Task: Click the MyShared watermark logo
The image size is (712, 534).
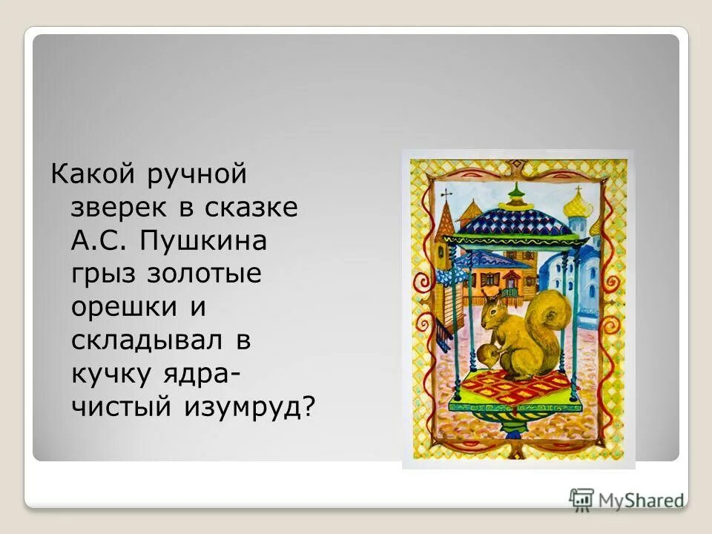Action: [x=627, y=498]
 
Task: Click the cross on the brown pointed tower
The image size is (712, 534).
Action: [x=446, y=194]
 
